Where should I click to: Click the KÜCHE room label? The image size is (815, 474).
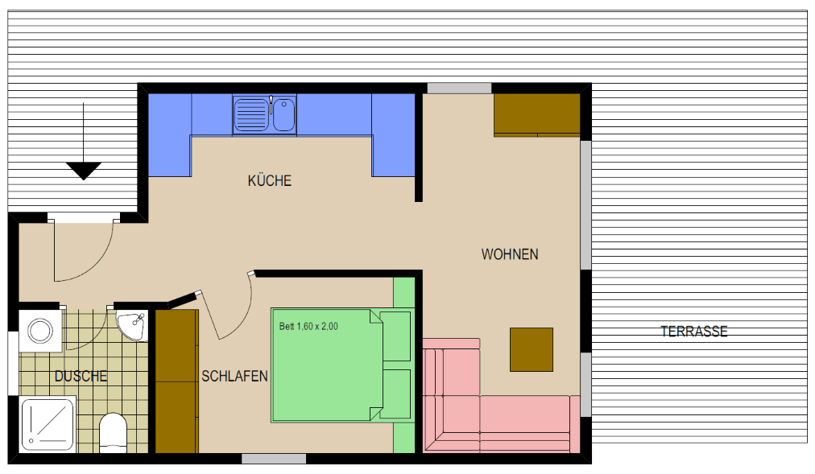pyautogui.click(x=269, y=181)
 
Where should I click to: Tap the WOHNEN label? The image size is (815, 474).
pyautogui.click(x=509, y=254)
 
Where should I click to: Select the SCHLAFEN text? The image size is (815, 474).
pyautogui.click(x=234, y=376)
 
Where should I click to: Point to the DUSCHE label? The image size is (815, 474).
pyautogui.click(x=81, y=376)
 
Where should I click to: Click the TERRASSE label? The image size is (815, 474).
pyautogui.click(x=694, y=332)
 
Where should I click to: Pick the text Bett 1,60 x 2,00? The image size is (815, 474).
pyautogui.click(x=308, y=327)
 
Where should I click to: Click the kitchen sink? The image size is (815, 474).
pyautogui.click(x=265, y=115)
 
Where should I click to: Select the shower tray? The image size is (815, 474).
pyautogui.click(x=48, y=424)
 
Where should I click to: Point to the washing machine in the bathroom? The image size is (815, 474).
pyautogui.click(x=40, y=331)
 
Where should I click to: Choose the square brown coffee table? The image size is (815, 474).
pyautogui.click(x=532, y=349)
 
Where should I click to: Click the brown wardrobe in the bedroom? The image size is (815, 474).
pyautogui.click(x=177, y=381)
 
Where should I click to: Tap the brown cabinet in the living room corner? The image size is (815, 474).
pyautogui.click(x=537, y=115)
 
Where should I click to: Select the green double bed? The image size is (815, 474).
pyautogui.click(x=341, y=365)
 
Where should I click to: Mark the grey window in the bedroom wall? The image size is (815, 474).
pyautogui.click(x=274, y=459)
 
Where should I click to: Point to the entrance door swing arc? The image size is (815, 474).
pyautogui.click(x=93, y=265)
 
